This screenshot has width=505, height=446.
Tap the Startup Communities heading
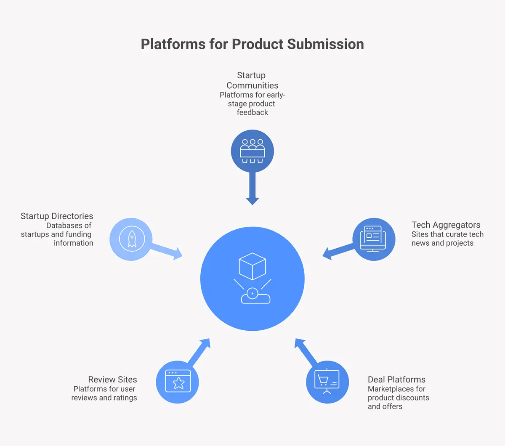pyautogui.click(x=252, y=80)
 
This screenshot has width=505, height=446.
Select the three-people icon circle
pyautogui.click(x=252, y=151)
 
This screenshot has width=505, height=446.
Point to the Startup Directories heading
pyautogui.click(x=57, y=216)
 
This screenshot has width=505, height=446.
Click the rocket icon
pyautogui.click(x=132, y=239)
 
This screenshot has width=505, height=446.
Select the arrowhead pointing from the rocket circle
pyautogui.click(x=178, y=253)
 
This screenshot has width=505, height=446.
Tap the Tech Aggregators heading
pyautogui.click(x=446, y=225)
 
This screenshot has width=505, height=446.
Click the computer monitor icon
pyautogui.click(x=373, y=239)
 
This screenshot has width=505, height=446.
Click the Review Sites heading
pyautogui.click(x=112, y=379)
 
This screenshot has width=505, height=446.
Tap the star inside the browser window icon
pyautogui.click(x=178, y=383)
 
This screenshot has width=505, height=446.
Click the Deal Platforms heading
pyautogui.click(x=396, y=379)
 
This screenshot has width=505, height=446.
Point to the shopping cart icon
pyautogui.click(x=323, y=380)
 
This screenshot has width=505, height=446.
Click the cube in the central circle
pyautogui.click(x=252, y=266)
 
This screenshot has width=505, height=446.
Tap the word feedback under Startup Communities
pyautogui.click(x=252, y=112)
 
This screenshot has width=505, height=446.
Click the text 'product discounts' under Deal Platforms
pyautogui.click(x=398, y=398)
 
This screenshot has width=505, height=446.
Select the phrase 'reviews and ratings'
pyautogui.click(x=104, y=398)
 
